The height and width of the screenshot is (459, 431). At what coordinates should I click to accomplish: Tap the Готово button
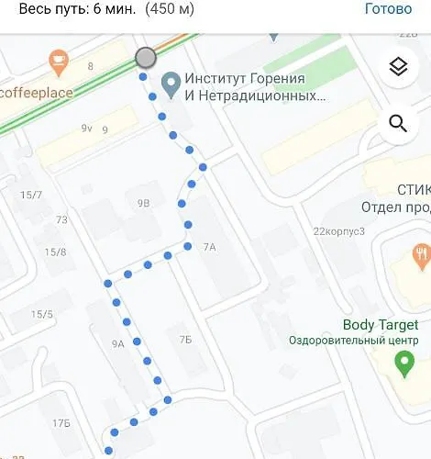[x=388, y=9]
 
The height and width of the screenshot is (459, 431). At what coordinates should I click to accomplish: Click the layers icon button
[x=398, y=66]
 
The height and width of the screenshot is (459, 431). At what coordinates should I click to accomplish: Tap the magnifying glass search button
[x=398, y=124]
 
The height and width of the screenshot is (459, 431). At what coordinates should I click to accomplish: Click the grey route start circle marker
[x=145, y=59]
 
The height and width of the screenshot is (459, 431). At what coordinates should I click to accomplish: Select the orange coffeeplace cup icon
[x=60, y=62]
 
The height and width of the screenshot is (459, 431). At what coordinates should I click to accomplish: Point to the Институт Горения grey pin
[x=170, y=85]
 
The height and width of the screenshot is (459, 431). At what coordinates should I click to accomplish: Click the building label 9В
[x=143, y=202]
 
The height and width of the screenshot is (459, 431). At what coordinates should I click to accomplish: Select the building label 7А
[x=209, y=246]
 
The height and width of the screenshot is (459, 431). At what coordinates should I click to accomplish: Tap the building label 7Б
[x=185, y=340]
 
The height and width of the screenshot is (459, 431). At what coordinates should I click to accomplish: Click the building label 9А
[x=117, y=343]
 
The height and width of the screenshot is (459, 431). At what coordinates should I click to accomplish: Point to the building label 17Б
[x=61, y=422]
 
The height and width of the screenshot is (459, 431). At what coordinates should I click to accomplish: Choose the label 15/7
[x=32, y=195]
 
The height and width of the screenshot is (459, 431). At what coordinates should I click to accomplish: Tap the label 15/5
[x=42, y=315]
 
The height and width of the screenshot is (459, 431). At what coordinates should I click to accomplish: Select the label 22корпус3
[x=338, y=231]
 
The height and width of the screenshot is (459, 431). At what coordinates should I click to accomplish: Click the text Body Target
[x=380, y=325]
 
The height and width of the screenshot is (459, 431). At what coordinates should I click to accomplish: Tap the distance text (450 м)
[x=168, y=10]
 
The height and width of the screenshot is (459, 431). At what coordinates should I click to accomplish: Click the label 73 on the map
[x=61, y=219]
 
